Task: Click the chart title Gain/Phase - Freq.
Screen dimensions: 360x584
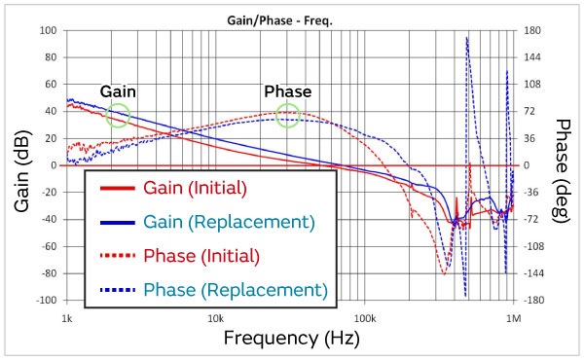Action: point(290,19)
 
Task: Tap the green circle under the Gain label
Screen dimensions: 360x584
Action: point(118,115)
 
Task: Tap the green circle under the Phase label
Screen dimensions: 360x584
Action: point(287,116)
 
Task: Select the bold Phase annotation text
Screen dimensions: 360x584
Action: point(287,91)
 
